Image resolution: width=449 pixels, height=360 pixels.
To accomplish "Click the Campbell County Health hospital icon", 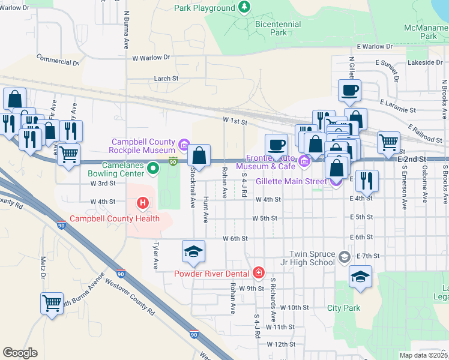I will tap(143, 203).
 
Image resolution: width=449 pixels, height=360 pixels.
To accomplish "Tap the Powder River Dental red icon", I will tap(258, 273).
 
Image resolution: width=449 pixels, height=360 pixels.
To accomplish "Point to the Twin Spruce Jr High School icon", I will tap(344, 258).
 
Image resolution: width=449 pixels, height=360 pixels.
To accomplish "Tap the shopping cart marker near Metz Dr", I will tap(52, 303).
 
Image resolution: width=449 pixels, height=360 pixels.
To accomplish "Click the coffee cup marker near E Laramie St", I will tap(349, 91).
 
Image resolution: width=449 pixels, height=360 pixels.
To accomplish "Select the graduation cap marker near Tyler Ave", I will tap(193, 251).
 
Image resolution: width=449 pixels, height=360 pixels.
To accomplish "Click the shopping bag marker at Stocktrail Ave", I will tap(199, 155).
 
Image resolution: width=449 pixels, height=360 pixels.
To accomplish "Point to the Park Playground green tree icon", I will tap(244, 7).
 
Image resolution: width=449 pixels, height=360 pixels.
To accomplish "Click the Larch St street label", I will tap(166, 78).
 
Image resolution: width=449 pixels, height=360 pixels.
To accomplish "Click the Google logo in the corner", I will tap(20, 353).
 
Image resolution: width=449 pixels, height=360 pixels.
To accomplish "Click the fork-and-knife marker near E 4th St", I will tap(366, 179).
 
